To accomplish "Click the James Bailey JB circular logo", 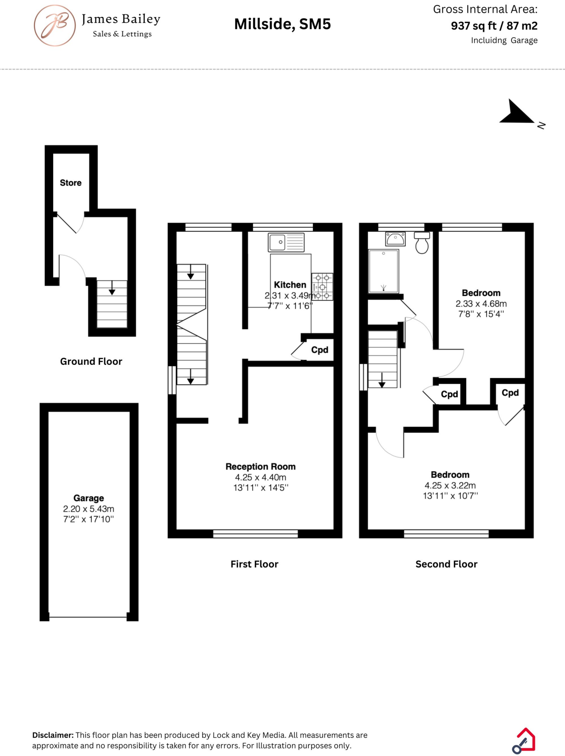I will [55, 25].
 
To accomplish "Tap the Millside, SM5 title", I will [282, 24].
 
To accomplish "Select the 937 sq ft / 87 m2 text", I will [494, 26].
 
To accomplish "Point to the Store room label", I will [70, 183].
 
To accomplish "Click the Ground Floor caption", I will [91, 361].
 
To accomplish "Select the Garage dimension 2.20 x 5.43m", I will [89, 509].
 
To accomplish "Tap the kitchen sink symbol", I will [286, 242].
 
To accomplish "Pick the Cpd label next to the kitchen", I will [319, 350].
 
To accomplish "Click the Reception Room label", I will [260, 467].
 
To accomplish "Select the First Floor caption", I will [254, 564].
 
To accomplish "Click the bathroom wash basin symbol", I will [395, 239].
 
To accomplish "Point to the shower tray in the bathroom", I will [384, 271].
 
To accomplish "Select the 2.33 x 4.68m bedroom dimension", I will [481, 304].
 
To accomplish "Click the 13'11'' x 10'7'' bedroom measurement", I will [450, 496].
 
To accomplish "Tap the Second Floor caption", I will [446, 564].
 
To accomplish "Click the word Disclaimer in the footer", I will [53, 735].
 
